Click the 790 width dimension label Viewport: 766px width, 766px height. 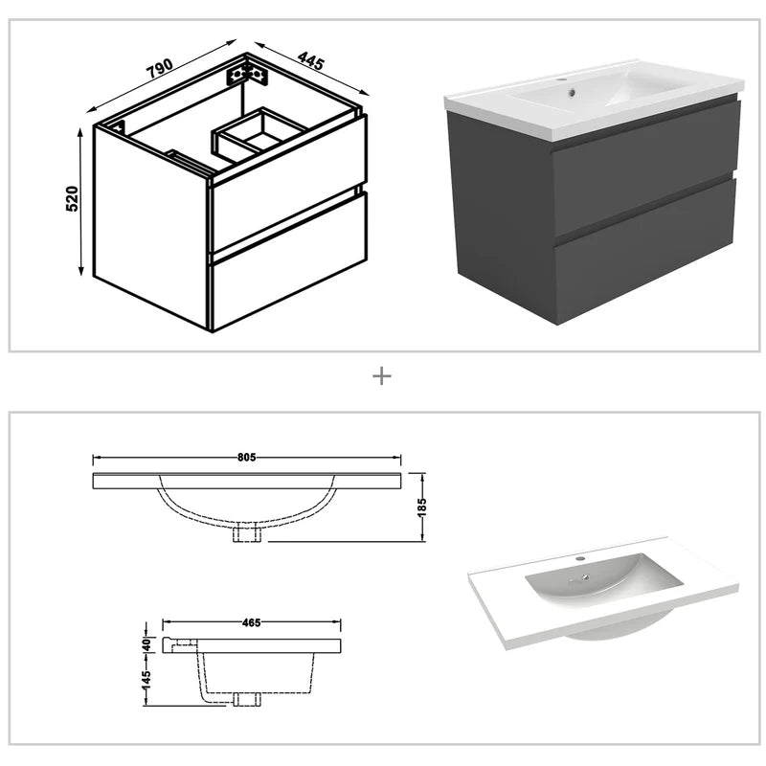(x=160, y=67)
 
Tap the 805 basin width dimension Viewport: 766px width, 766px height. (x=248, y=458)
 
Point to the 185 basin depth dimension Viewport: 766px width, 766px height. (x=421, y=505)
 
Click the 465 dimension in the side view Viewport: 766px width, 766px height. (x=250, y=622)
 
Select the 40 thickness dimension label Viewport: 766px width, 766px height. (x=146, y=642)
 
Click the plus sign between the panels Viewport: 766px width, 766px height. (x=382, y=376)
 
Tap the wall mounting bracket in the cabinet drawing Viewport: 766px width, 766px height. (x=246, y=73)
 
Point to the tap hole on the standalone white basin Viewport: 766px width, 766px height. (x=578, y=557)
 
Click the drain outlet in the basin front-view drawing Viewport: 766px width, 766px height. (x=248, y=533)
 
